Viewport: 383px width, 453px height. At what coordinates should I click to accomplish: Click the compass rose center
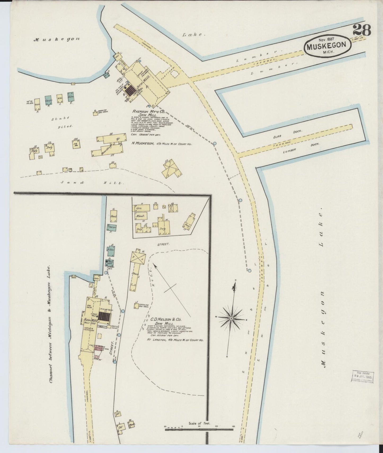(231, 318)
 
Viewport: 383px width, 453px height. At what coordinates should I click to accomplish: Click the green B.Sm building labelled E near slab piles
(71, 97)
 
